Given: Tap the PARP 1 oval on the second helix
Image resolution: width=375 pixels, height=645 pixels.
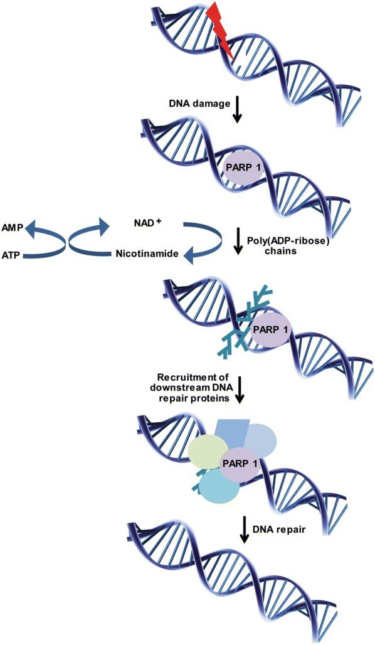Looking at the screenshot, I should (x=244, y=169).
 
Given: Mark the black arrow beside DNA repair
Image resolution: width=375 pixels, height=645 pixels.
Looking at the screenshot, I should (x=243, y=530).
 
